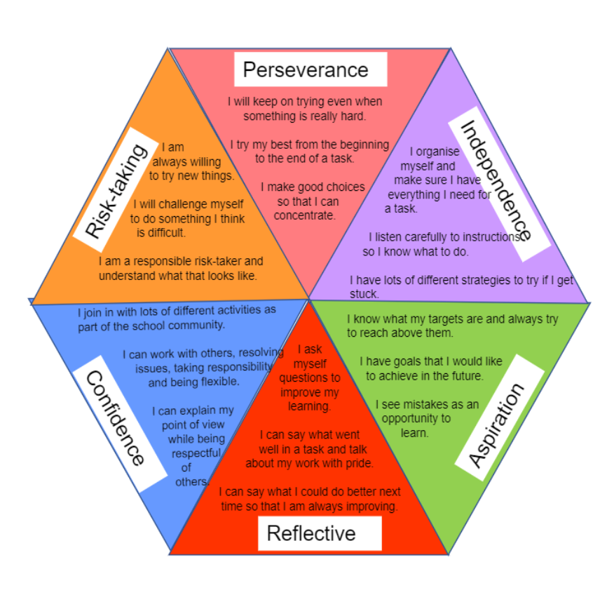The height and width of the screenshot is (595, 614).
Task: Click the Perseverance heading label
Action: pos(306,70)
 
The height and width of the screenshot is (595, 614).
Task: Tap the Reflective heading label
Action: pos(311,533)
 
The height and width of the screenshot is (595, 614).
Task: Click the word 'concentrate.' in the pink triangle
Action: pos(305,215)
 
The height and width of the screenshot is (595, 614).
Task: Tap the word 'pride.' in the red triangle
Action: pos(358,464)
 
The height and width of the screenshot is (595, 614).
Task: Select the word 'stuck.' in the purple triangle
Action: pos(364,293)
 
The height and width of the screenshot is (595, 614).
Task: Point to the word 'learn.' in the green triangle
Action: pos(414,433)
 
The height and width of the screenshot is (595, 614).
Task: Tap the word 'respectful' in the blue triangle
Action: pos(196,453)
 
